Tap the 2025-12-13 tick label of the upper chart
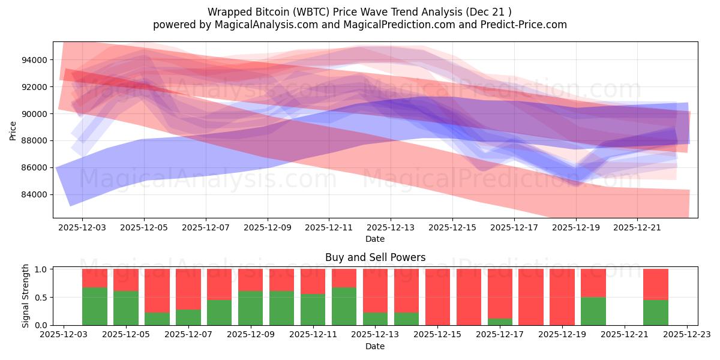click(x=391, y=228)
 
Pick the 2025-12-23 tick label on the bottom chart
click(x=687, y=335)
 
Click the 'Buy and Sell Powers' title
click(x=375, y=257)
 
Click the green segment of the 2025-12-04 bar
click(x=95, y=306)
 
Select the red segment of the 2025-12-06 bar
click(x=157, y=290)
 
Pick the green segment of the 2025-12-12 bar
click(x=344, y=306)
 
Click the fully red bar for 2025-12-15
click(x=437, y=297)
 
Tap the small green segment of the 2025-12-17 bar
click(x=500, y=322)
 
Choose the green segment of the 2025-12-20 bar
click(x=593, y=311)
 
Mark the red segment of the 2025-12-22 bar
click(x=655, y=284)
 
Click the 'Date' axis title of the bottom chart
click(x=375, y=346)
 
